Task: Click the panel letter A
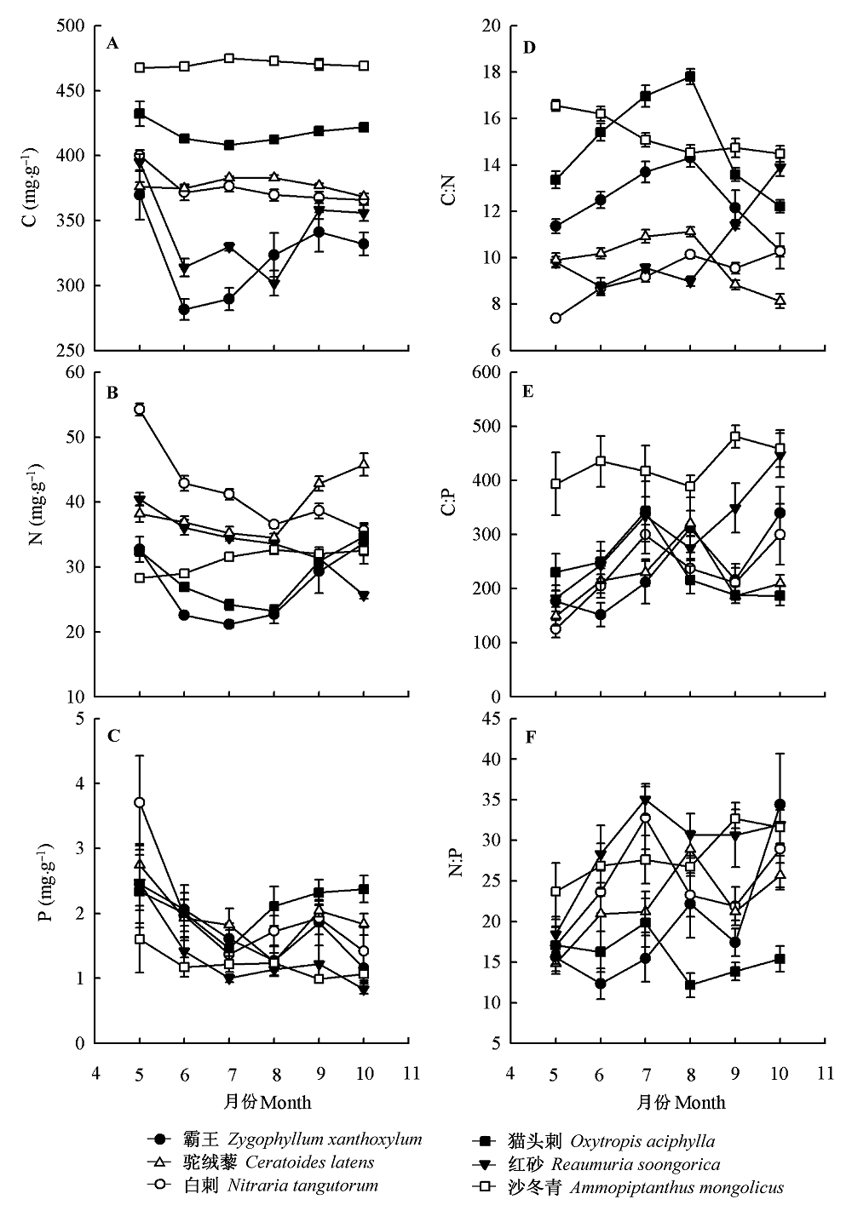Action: pos(112,43)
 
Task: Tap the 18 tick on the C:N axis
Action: pos(492,72)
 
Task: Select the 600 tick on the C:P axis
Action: pos(487,372)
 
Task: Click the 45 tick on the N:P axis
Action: pos(492,719)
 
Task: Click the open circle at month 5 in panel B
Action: pos(140,410)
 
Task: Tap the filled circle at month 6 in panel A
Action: pos(184,310)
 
